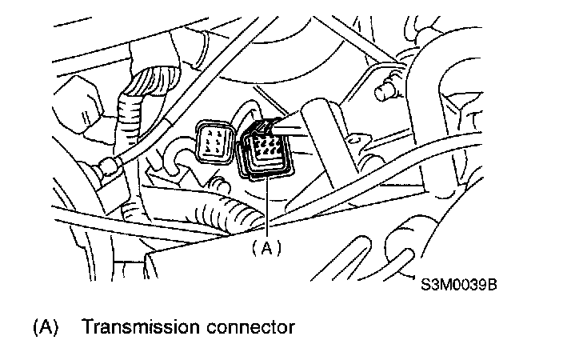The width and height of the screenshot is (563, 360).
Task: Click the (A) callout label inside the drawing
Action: coord(267,248)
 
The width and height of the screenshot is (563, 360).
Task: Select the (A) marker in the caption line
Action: coord(45,327)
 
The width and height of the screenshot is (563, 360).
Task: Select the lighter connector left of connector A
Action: coord(214,141)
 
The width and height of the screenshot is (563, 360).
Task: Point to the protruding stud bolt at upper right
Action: coord(386,89)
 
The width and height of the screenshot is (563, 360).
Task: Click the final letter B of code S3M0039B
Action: coord(504,282)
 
